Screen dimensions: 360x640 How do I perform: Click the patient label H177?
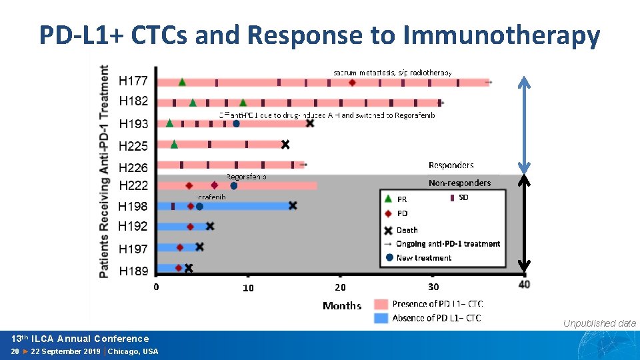click(133, 81)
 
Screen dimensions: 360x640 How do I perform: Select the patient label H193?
click(133, 123)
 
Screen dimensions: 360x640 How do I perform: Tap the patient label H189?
click(133, 271)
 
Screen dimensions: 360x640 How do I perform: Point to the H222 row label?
click(133, 185)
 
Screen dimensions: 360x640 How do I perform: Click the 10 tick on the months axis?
click(248, 288)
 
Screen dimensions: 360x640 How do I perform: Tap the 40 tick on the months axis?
click(525, 285)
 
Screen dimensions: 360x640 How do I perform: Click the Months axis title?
click(342, 306)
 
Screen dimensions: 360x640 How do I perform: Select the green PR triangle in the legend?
click(389, 199)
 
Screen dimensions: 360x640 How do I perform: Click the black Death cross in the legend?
click(389, 230)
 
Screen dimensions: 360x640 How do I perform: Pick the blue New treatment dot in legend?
click(389, 258)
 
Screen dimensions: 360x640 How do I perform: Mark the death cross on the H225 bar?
click(285, 145)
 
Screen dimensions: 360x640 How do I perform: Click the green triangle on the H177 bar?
click(182, 82)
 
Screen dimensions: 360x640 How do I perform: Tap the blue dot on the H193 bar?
click(236, 123)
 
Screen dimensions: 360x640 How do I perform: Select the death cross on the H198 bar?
click(293, 206)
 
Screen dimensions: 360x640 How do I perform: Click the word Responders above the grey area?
click(451, 165)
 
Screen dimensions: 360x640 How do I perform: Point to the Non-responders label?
click(459, 183)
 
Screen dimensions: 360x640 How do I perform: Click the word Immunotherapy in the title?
click(499, 35)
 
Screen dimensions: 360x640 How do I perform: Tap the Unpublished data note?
click(599, 323)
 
